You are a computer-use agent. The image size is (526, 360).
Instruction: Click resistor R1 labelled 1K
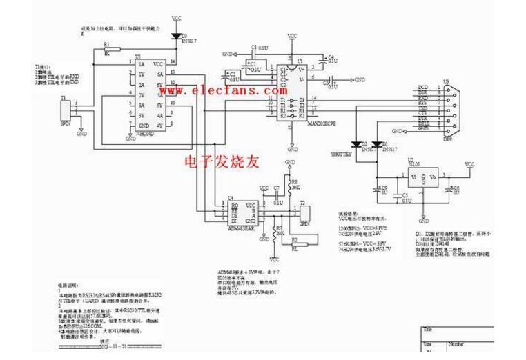click(106, 50)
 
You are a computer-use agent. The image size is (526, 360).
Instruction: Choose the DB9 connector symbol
click(449, 109)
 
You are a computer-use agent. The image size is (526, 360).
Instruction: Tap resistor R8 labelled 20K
click(292, 186)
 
